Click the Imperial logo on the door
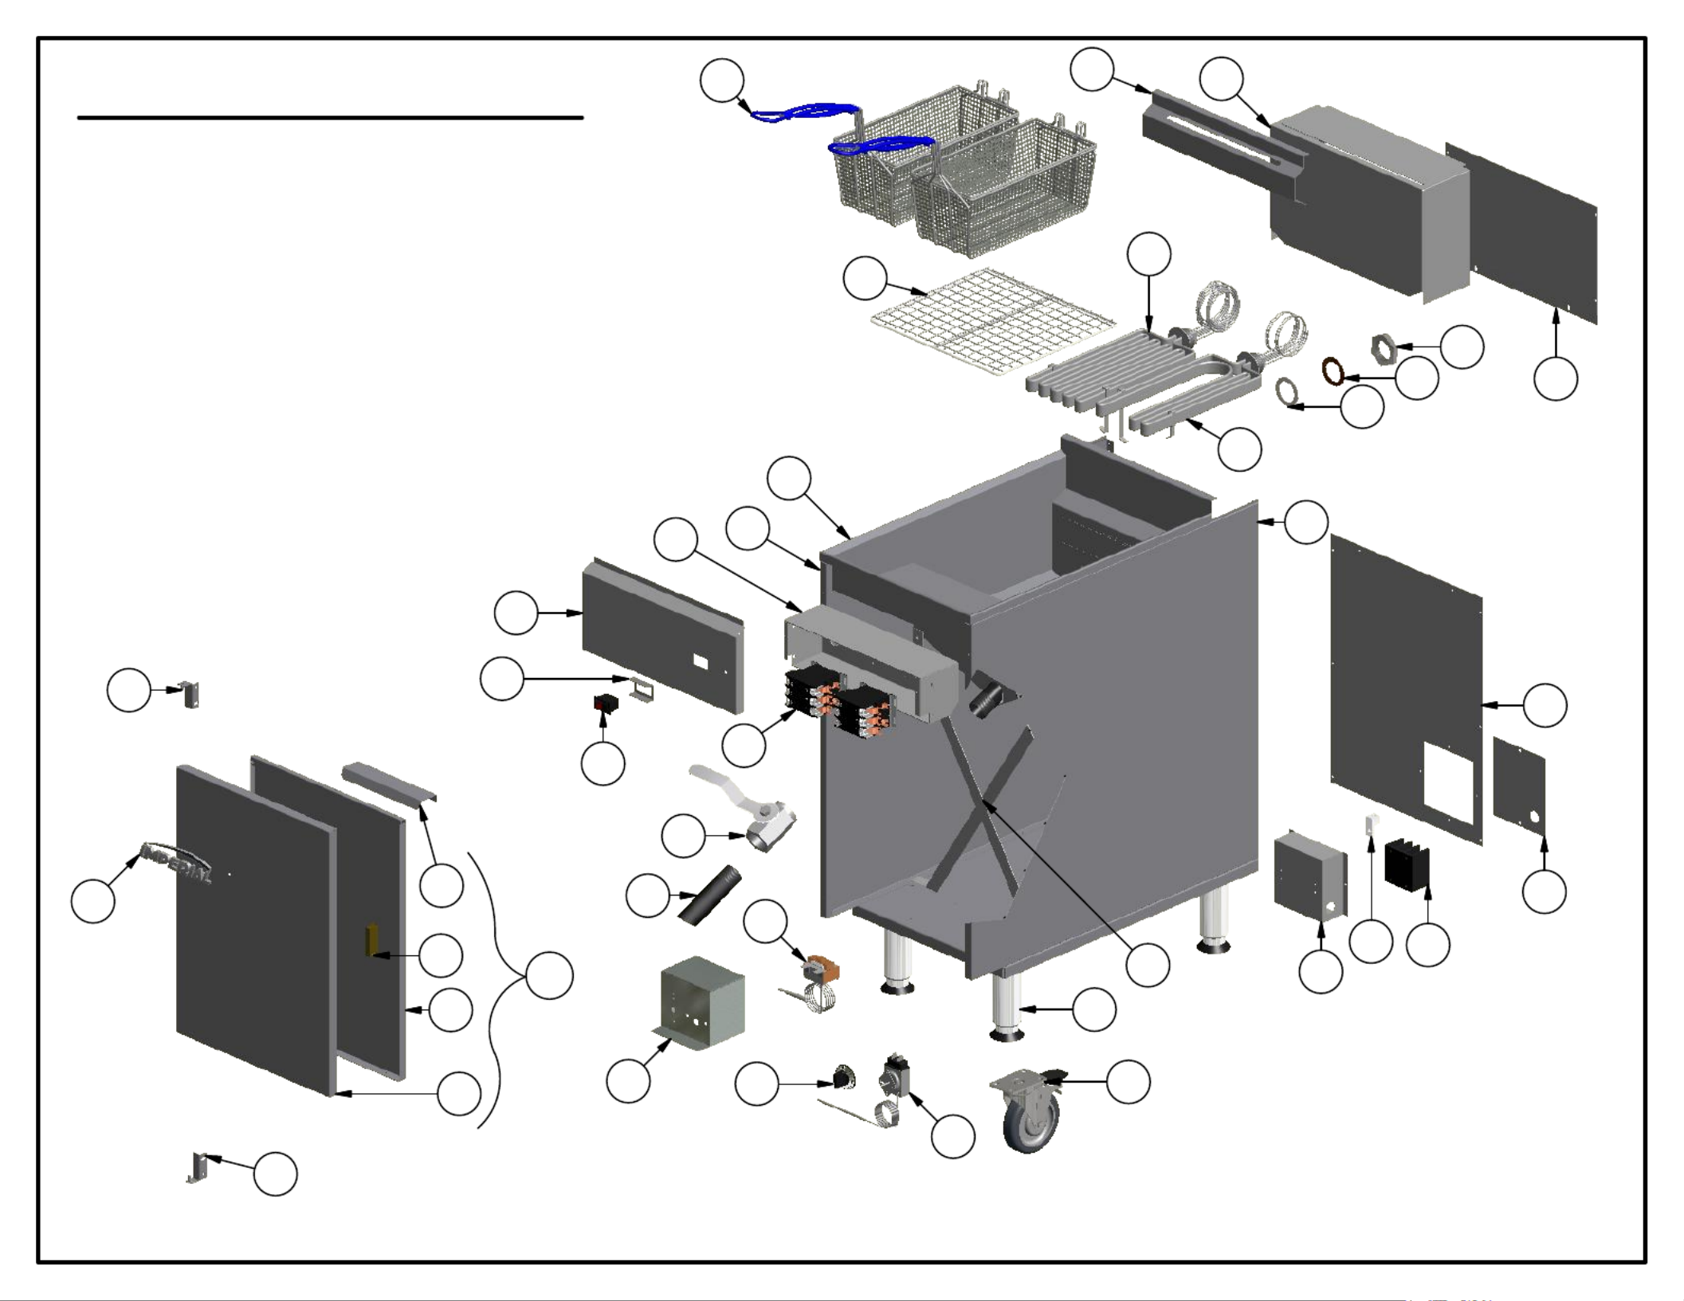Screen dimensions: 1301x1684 [x=177, y=862]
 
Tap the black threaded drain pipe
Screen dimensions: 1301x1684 [x=710, y=895]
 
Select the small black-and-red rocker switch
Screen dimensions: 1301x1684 [x=605, y=703]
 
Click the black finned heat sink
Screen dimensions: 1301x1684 [x=1407, y=865]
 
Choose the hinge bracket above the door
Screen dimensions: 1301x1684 [x=190, y=694]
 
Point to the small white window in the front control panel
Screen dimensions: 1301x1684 [x=701, y=661]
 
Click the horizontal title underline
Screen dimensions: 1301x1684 [x=330, y=118]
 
